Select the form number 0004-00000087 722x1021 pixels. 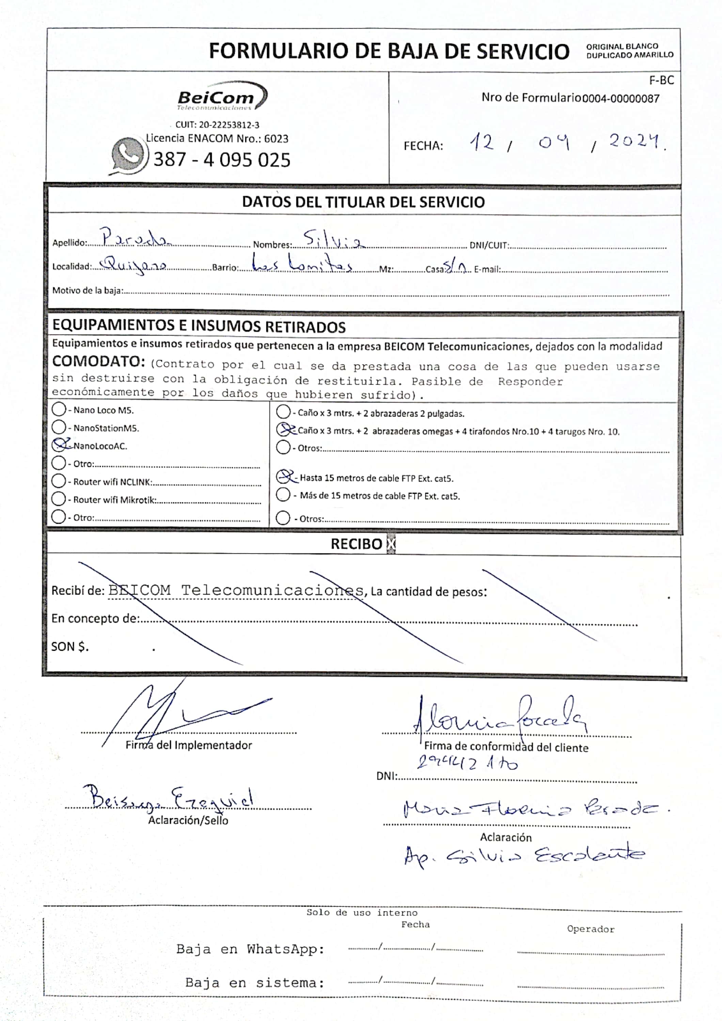[x=621, y=99]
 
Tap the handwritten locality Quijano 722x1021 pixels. [x=134, y=265]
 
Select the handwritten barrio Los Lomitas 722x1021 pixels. [x=302, y=264]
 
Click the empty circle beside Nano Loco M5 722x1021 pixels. [x=59, y=409]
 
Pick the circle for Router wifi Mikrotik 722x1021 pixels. [x=59, y=499]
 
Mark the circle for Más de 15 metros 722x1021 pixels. [x=283, y=495]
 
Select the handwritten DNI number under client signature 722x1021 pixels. [x=467, y=763]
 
